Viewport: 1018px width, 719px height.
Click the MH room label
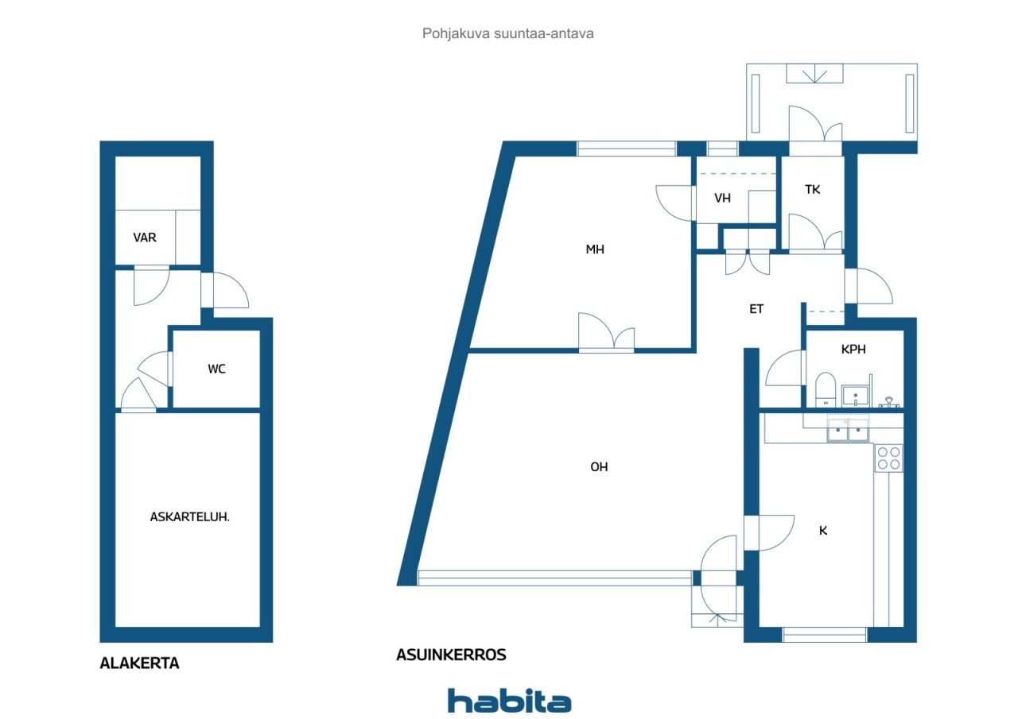coord(595,249)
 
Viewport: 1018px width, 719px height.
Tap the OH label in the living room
coord(599,466)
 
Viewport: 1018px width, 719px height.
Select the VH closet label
coord(722,198)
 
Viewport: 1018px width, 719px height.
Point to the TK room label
coord(813,189)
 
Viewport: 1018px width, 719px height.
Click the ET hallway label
coord(756,309)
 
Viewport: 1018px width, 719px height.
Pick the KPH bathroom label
coord(853,349)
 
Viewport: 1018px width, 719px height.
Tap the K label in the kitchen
coord(823,530)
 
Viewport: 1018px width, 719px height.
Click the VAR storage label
coord(145,238)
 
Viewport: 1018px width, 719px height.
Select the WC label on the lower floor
coord(216,369)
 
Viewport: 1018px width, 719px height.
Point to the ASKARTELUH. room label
coord(189,516)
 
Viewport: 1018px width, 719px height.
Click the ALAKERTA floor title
coord(139,663)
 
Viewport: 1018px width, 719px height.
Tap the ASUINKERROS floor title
coord(451,655)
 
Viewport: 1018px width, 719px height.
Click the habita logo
coord(510,701)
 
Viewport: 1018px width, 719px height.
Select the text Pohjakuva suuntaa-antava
coord(507,33)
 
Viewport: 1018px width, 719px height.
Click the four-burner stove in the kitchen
coord(888,458)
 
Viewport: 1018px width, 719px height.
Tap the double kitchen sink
coord(848,428)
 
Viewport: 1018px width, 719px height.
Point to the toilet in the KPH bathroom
coord(826,390)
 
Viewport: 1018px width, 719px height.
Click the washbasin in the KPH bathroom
coord(855,395)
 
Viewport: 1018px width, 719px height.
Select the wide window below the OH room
coord(555,578)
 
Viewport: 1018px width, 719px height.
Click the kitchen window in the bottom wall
coord(825,635)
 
